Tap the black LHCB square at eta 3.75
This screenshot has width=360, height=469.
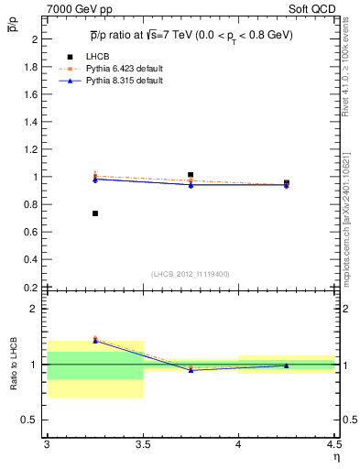[191, 174]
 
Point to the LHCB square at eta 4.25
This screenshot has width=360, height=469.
[287, 182]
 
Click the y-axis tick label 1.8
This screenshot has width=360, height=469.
[31, 67]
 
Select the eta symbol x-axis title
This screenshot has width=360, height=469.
[335, 456]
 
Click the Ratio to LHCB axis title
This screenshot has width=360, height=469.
[14, 365]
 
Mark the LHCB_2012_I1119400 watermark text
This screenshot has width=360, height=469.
[190, 274]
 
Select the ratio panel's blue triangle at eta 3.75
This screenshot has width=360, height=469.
[191, 370]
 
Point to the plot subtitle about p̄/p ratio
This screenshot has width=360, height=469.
[191, 33]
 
